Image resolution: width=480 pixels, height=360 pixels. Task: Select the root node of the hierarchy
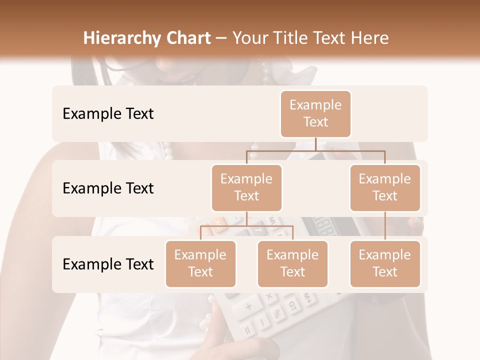tap(315, 113)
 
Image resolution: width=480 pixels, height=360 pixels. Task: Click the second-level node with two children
tap(246, 187)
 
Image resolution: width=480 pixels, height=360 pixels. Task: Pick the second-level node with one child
tap(385, 187)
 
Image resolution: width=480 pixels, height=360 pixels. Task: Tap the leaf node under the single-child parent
tap(385, 263)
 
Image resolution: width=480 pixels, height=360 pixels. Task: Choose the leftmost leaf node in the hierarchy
tap(200, 263)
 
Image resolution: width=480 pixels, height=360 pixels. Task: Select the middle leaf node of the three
tap(292, 263)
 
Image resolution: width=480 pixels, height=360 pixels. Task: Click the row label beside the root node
tap(108, 113)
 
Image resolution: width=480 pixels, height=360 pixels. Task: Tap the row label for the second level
tap(108, 188)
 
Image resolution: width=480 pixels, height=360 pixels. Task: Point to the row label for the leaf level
tap(108, 264)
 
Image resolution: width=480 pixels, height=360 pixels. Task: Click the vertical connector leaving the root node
tap(315, 144)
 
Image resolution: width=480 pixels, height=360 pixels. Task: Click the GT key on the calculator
tap(292, 304)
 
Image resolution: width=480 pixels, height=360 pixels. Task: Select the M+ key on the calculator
tap(308, 298)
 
